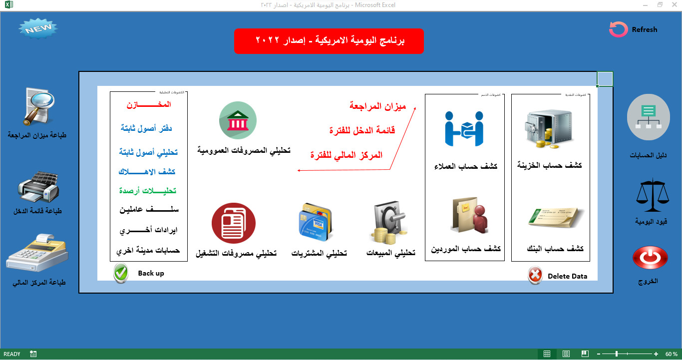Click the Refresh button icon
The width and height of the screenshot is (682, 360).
pyautogui.click(x=618, y=29)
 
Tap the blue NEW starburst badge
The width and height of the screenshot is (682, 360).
pyautogui.click(x=38, y=29)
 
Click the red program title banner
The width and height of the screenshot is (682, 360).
pyautogui.click(x=329, y=41)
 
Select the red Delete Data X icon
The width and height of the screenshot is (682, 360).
pyautogui.click(x=535, y=275)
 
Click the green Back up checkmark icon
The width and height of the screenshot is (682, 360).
pyautogui.click(x=121, y=274)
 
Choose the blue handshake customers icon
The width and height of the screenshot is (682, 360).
pyautogui.click(x=464, y=127)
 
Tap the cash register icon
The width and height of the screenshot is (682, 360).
pyautogui.click(x=37, y=253)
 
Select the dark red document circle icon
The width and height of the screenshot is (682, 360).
pyautogui.click(x=233, y=223)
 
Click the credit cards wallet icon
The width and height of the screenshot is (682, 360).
pyautogui.click(x=316, y=222)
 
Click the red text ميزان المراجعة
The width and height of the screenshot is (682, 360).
pyautogui.click(x=377, y=106)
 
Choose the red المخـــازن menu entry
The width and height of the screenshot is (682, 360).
pyautogui.click(x=148, y=105)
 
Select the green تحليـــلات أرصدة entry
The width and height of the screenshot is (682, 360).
pyautogui.click(x=148, y=191)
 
